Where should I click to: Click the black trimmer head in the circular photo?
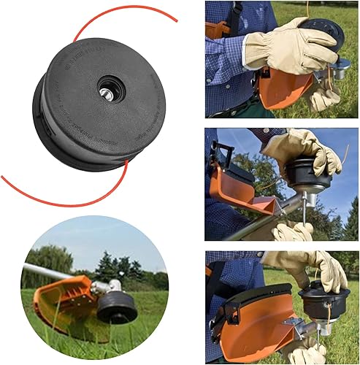tap(116, 307)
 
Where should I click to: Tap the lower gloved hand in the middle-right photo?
tap(292, 232)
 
